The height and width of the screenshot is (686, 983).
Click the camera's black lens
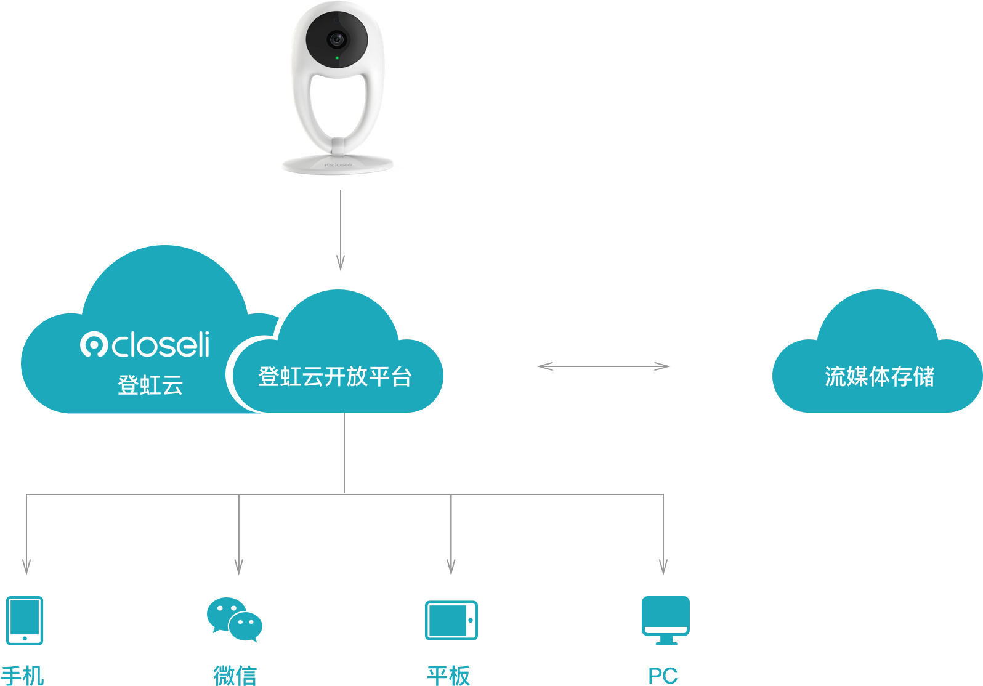[336, 40]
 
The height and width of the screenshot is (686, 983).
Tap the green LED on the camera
[337, 58]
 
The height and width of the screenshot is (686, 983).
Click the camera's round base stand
[338, 164]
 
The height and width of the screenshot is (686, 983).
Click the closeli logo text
[145, 345]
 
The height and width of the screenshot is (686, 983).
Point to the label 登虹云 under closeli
[150, 385]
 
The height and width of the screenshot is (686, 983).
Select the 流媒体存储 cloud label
[879, 377]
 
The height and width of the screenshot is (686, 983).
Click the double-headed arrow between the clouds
[604, 366]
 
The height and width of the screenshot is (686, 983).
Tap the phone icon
[25, 620]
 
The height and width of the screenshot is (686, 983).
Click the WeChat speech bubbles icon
[235, 619]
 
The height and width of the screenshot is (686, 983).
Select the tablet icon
[451, 620]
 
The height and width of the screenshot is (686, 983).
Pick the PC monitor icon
[665, 619]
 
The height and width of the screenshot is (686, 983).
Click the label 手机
[23, 676]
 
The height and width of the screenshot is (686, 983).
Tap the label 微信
[235, 676]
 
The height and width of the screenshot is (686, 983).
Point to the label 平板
[448, 676]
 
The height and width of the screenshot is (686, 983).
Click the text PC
[663, 676]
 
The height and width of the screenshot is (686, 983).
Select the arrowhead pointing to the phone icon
[26, 567]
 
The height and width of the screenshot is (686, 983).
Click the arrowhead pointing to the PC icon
[663, 567]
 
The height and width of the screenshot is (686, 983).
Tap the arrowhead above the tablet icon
[451, 567]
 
